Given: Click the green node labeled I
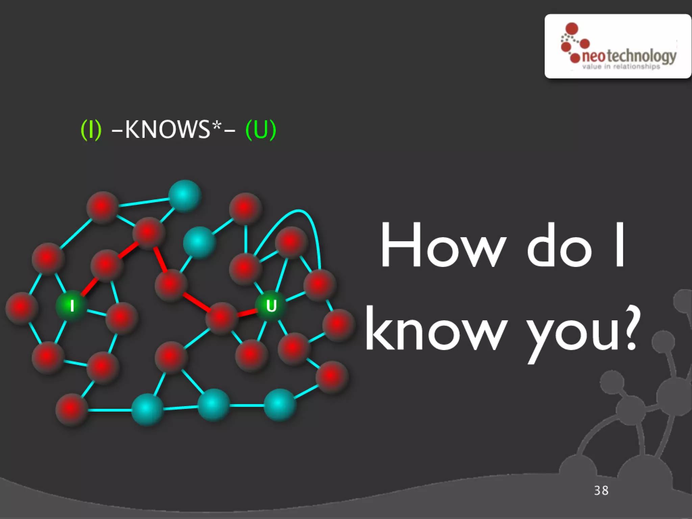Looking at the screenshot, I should point(72,306).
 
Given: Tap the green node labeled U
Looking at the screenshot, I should point(271,306).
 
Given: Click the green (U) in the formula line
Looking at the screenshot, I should point(261,129).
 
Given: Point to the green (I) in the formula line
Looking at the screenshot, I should point(91,129).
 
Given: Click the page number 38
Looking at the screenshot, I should point(601,490).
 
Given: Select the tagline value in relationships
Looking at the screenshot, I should point(621,67).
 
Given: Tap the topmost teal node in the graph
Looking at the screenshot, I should point(184,196).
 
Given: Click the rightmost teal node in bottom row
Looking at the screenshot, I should point(279,405).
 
